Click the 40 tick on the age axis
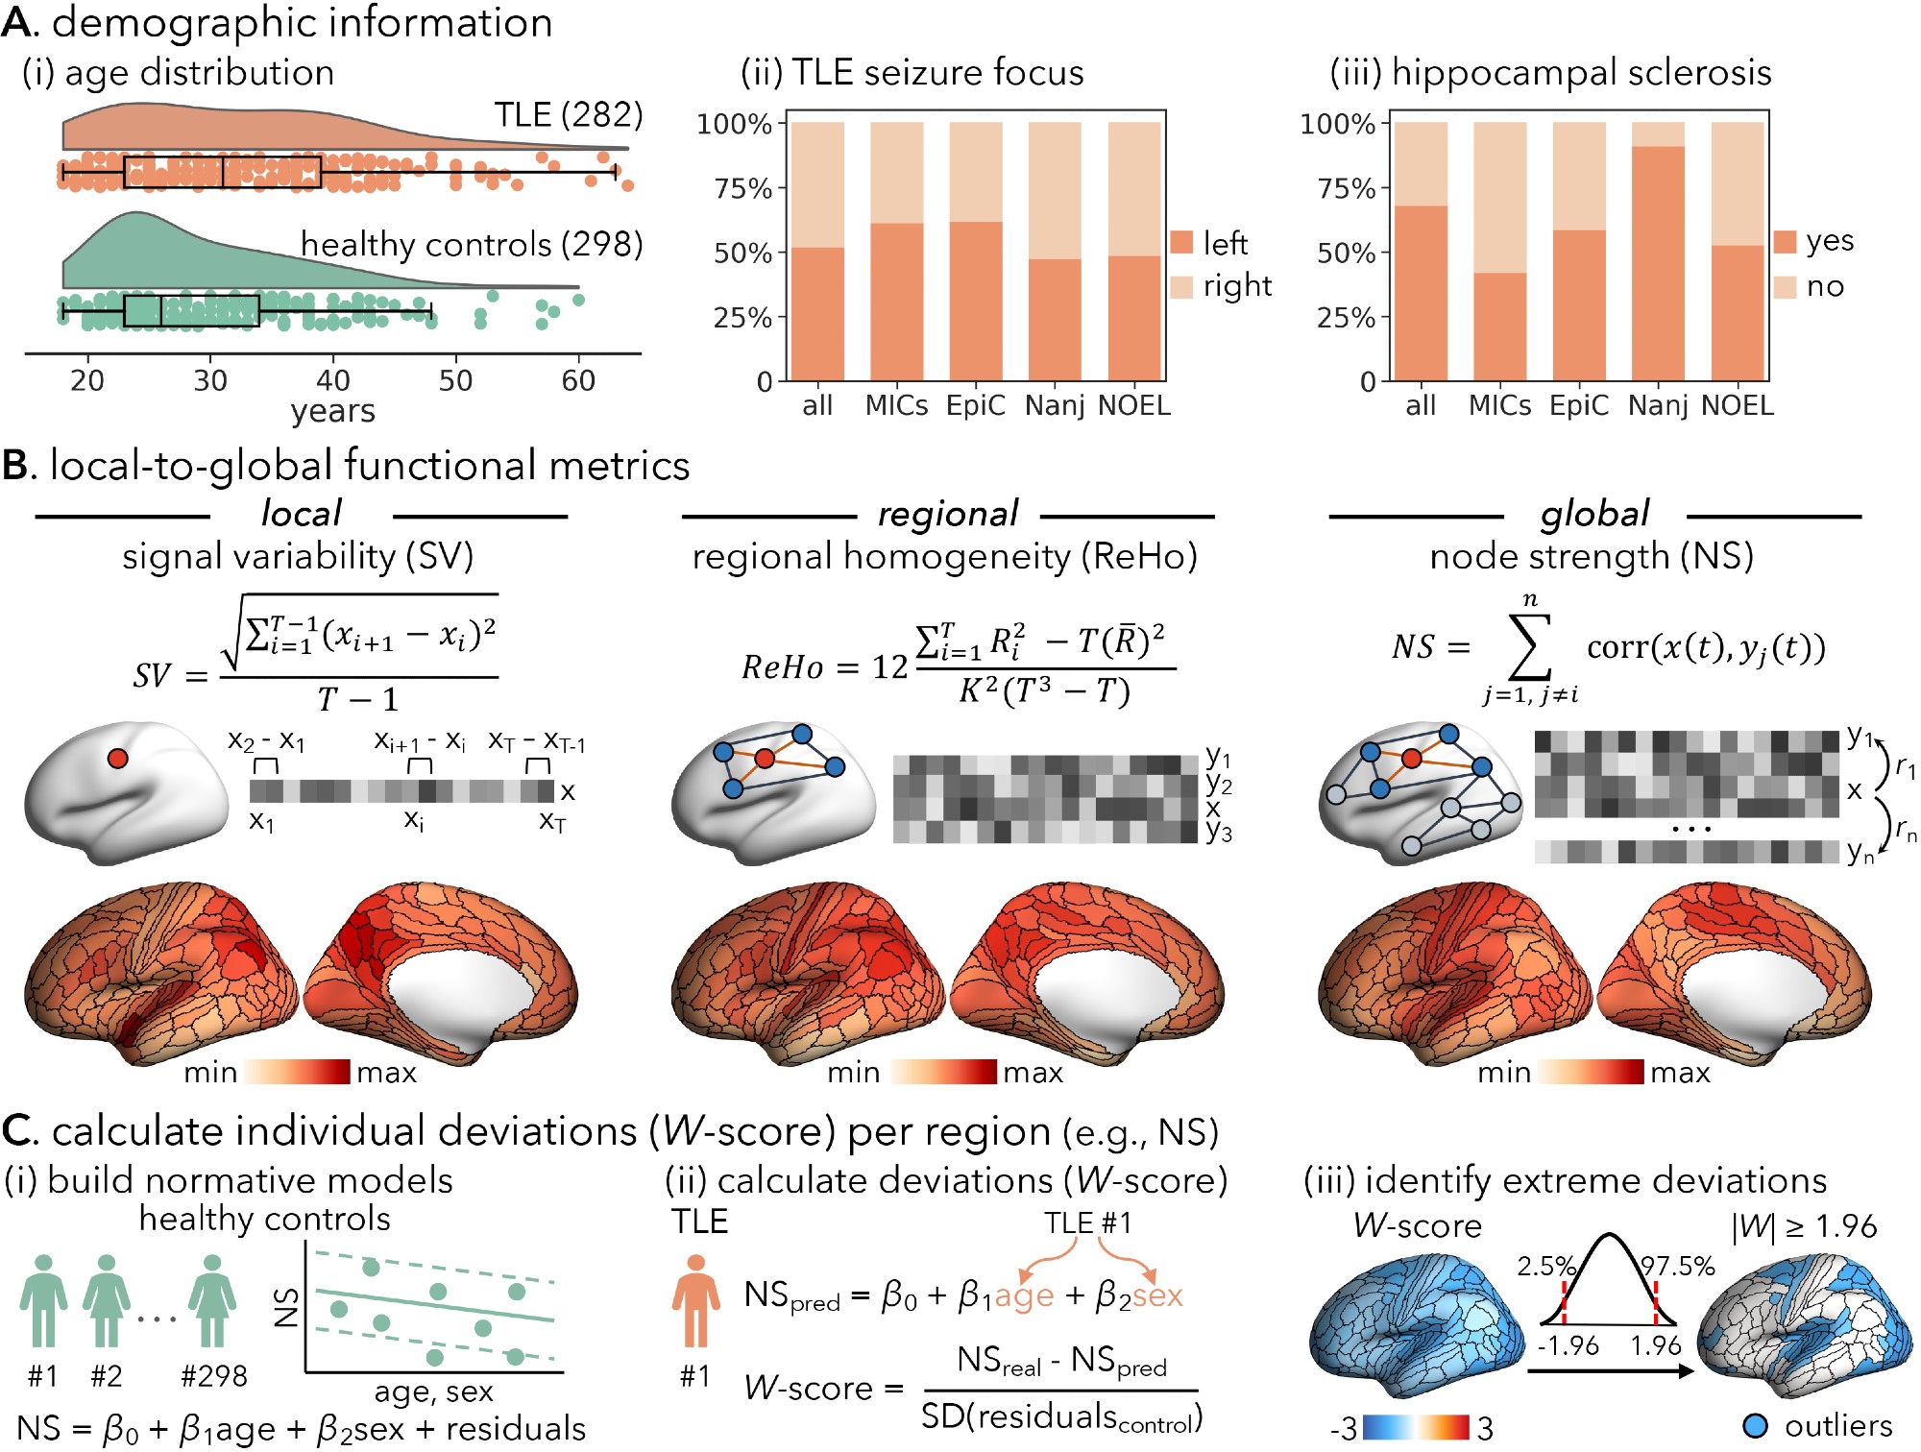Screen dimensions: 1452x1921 333,380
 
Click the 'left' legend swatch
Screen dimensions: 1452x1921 1182,243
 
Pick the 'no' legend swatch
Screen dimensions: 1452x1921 1785,287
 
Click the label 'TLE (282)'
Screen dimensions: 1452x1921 568,115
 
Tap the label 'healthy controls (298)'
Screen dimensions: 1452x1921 472,245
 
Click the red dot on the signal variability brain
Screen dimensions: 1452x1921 117,759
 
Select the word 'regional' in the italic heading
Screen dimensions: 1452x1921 947,514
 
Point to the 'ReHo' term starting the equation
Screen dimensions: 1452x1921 782,666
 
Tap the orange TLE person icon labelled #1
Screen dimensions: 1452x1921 695,1301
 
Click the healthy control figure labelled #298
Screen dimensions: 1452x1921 212,1301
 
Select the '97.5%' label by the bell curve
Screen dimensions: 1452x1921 1678,1266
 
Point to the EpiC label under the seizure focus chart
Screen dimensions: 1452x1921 975,406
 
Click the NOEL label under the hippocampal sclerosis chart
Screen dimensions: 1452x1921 1737,406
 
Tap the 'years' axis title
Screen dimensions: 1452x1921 332,411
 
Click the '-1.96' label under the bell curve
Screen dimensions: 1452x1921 1568,1345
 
